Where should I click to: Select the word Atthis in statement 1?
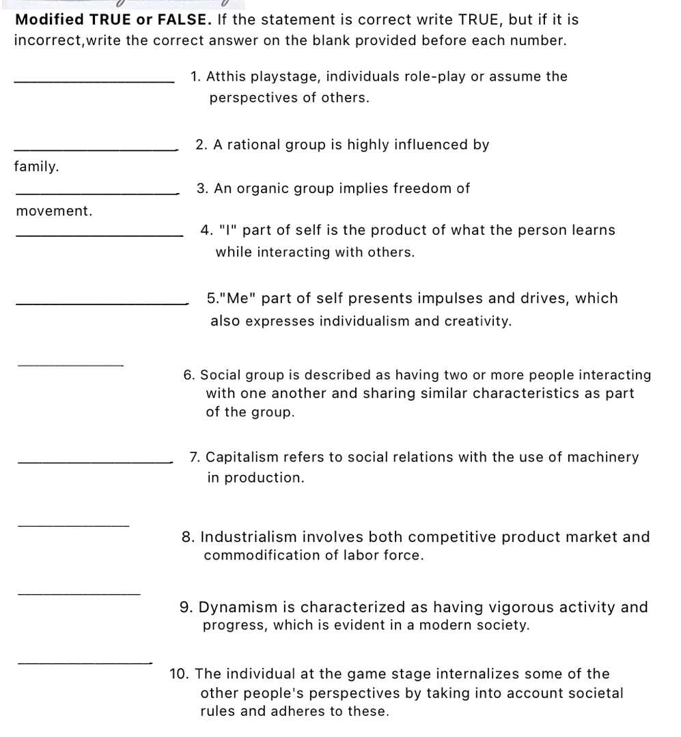(x=227, y=76)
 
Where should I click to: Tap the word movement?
(x=54, y=211)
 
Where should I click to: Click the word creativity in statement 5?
(x=478, y=321)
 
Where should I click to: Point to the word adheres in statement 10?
(x=308, y=712)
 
